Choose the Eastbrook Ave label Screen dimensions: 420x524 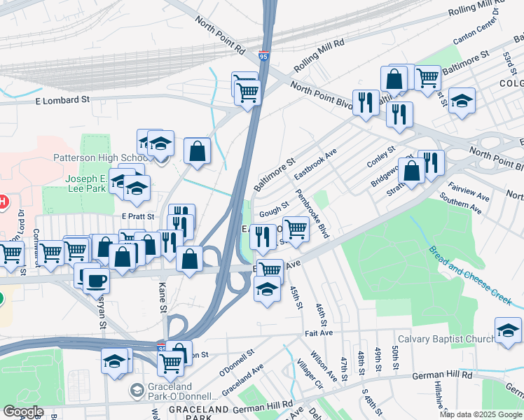click(x=315, y=162)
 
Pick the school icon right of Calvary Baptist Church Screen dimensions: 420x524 click(x=508, y=330)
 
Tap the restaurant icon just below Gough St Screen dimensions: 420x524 click(x=262, y=237)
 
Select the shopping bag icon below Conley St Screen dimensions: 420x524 click(x=412, y=170)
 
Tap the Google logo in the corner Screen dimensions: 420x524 click(x=24, y=412)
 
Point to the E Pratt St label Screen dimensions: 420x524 click(x=137, y=216)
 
